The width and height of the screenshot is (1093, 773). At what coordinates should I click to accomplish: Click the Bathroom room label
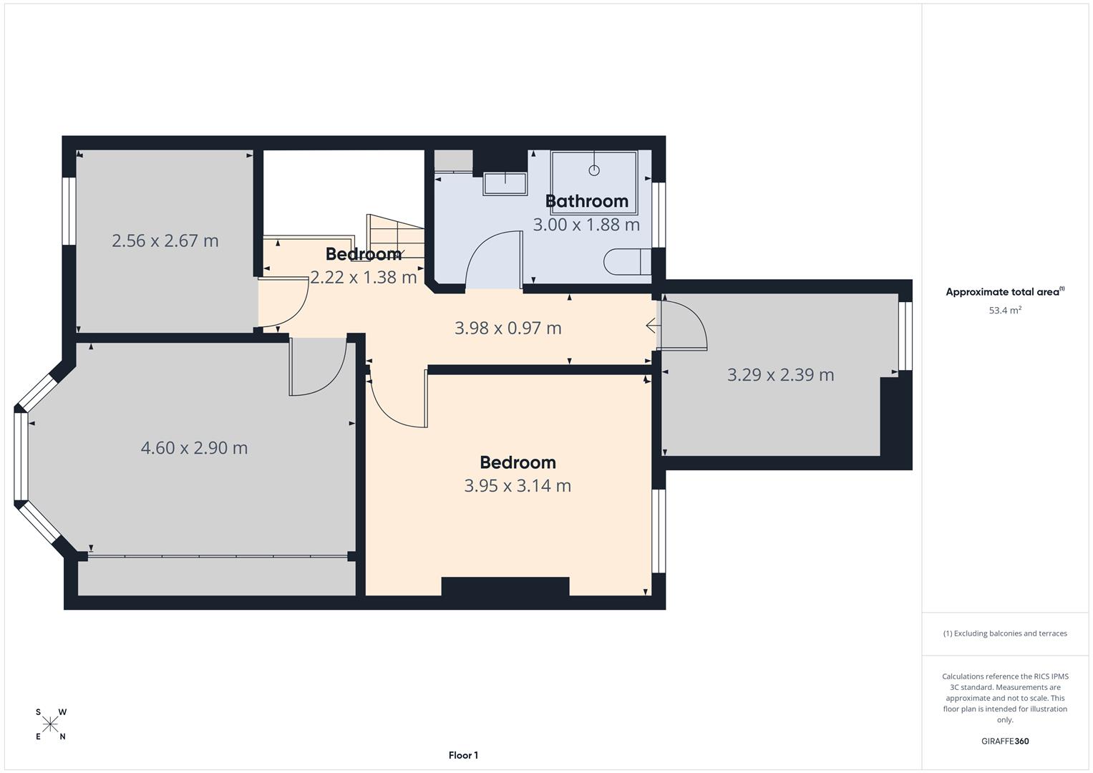pyautogui.click(x=587, y=201)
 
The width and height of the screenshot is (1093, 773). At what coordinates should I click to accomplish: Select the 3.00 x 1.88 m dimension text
pyautogui.click(x=586, y=225)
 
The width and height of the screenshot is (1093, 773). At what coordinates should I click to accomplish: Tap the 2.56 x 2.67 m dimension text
pyautogui.click(x=165, y=241)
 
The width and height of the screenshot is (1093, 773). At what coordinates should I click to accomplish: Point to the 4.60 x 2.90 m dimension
pyautogui.click(x=194, y=448)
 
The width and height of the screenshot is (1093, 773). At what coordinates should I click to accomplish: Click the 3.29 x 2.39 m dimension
pyautogui.click(x=780, y=375)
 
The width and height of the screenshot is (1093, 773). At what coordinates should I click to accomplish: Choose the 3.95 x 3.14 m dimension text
pyautogui.click(x=518, y=486)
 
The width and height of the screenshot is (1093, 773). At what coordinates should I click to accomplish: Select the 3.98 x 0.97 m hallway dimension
pyautogui.click(x=508, y=329)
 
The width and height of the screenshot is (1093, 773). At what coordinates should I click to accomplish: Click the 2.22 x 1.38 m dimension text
pyautogui.click(x=363, y=277)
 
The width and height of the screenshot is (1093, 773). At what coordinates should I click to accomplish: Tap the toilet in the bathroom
pyautogui.click(x=626, y=261)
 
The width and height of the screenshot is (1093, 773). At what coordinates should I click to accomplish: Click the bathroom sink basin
pyautogui.click(x=505, y=183)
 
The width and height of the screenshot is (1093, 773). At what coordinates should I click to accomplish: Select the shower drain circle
pyautogui.click(x=593, y=170)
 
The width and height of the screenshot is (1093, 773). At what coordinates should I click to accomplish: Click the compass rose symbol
pyautogui.click(x=50, y=724)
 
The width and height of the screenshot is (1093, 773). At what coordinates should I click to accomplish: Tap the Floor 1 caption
pyautogui.click(x=463, y=755)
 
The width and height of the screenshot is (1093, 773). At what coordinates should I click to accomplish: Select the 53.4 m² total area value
pyautogui.click(x=1005, y=311)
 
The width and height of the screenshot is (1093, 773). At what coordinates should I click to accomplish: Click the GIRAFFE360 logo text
pyautogui.click(x=1005, y=742)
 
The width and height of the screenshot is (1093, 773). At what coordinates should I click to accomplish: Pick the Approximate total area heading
pyautogui.click(x=1004, y=292)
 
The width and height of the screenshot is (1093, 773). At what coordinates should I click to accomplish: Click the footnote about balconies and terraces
pyautogui.click(x=1005, y=633)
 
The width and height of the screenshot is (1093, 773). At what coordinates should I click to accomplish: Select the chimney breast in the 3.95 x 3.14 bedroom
pyautogui.click(x=505, y=586)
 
